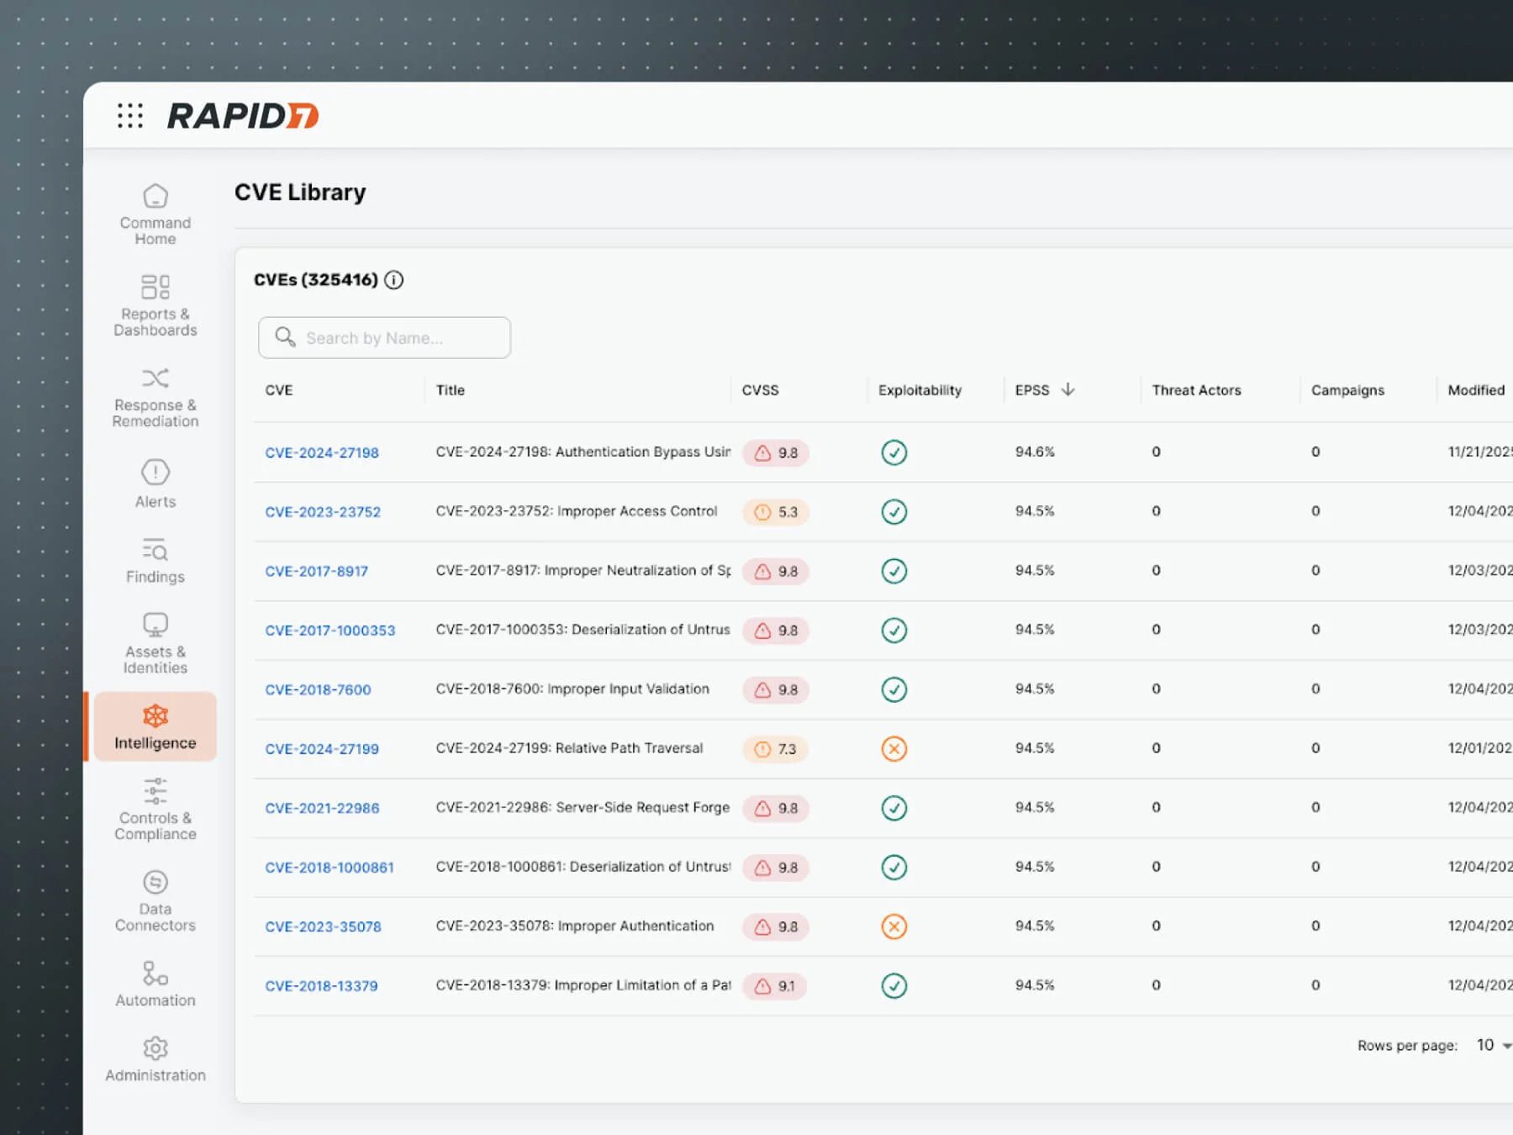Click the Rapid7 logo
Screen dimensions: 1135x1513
pyautogui.click(x=243, y=115)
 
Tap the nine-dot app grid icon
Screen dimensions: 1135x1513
pyautogui.click(x=130, y=115)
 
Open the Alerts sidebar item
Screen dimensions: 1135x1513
pyautogui.click(x=156, y=483)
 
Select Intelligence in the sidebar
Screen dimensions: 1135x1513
pyautogui.click(x=156, y=727)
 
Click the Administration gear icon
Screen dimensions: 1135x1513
pyautogui.click(x=156, y=1048)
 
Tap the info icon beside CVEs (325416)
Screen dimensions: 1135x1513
pyautogui.click(x=393, y=280)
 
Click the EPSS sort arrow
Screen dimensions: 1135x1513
pyautogui.click(x=1068, y=389)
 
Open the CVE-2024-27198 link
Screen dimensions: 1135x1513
pyautogui.click(x=322, y=452)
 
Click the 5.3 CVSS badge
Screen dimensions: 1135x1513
pyautogui.click(x=776, y=512)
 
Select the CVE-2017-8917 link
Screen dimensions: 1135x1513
pyautogui.click(x=316, y=571)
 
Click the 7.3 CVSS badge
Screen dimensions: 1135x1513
pyautogui.click(x=776, y=749)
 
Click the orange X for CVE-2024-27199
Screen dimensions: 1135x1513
pyautogui.click(x=894, y=749)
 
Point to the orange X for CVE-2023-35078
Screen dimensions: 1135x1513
pyautogui.click(x=894, y=926)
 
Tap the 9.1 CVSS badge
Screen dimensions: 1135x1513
pyautogui.click(x=775, y=986)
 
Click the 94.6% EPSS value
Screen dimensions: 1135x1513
pyautogui.click(x=1035, y=451)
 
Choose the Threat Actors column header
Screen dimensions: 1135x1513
pyautogui.click(x=1196, y=390)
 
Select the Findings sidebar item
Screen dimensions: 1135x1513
pyautogui.click(x=156, y=561)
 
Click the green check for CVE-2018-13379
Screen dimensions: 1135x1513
pyautogui.click(x=894, y=985)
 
